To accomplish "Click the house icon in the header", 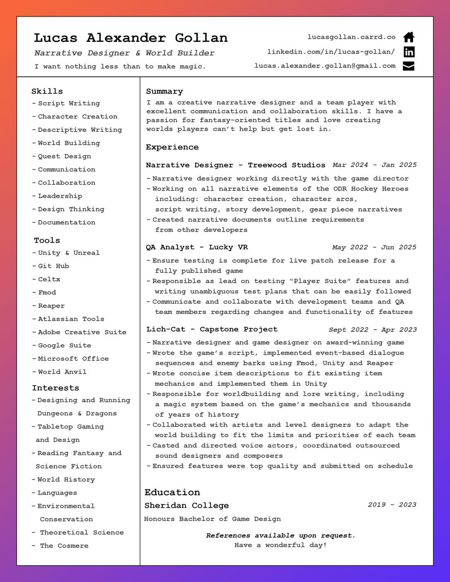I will pyautogui.click(x=409, y=37).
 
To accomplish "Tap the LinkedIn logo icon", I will pyautogui.click(x=409, y=52).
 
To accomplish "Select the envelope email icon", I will pyautogui.click(x=409, y=66).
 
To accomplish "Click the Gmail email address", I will pyautogui.click(x=325, y=66).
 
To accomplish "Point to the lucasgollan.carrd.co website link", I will pyautogui.click(x=351, y=37).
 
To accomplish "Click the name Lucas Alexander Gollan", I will pyautogui.click(x=131, y=38).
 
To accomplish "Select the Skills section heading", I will pyautogui.click(x=47, y=91).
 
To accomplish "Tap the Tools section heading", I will pyautogui.click(x=47, y=241).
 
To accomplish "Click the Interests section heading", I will pyautogui.click(x=55, y=388).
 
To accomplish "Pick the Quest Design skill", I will pyautogui.click(x=64, y=156).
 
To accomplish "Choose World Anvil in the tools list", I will pyautogui.click(x=62, y=372).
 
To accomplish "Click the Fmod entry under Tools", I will pyautogui.click(x=47, y=293).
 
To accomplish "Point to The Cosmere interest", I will pyautogui.click(x=64, y=546).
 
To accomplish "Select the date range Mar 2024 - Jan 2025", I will pyautogui.click(x=374, y=165).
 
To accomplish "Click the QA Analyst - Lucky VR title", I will pyautogui.click(x=197, y=247).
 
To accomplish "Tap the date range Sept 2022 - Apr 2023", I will pyautogui.click(x=373, y=329).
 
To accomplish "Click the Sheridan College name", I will pyautogui.click(x=187, y=506).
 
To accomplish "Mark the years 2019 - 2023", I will pyautogui.click(x=392, y=505).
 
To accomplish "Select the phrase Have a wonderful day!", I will pyautogui.click(x=280, y=545).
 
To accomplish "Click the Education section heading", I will pyautogui.click(x=172, y=492).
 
